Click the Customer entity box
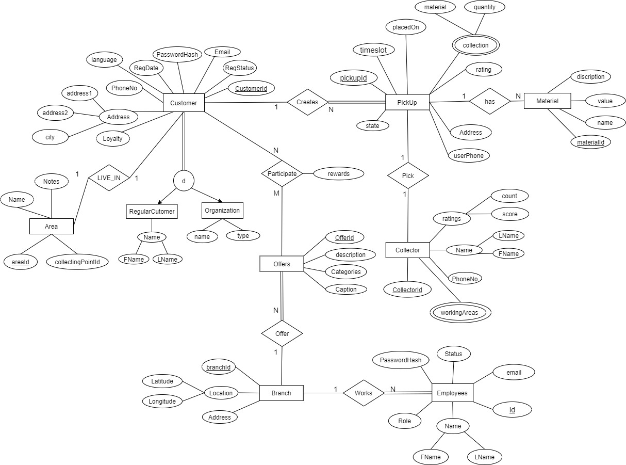pyautogui.click(x=184, y=103)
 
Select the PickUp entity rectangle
pyautogui.click(x=407, y=103)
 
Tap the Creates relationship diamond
pyautogui.click(x=307, y=102)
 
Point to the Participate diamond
pyautogui.click(x=282, y=174)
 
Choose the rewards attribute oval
pyautogui.click(x=338, y=174)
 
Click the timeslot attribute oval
pyautogui.click(x=374, y=50)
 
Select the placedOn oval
pyautogui.click(x=406, y=27)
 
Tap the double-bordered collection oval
pyautogui.click(x=475, y=45)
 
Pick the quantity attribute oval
pyautogui.click(x=484, y=7)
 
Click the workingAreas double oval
pyautogui.click(x=459, y=312)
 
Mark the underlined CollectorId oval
pyautogui.click(x=407, y=290)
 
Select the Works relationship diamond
pyautogui.click(x=364, y=393)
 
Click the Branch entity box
pyautogui.click(x=281, y=393)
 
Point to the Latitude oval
pyautogui.click(x=162, y=381)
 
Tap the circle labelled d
pyautogui.click(x=184, y=181)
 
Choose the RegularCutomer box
pyautogui.click(x=152, y=211)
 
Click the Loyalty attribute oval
pyautogui.click(x=112, y=139)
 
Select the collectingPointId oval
pyautogui.click(x=77, y=262)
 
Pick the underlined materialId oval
pyautogui.click(x=590, y=142)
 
